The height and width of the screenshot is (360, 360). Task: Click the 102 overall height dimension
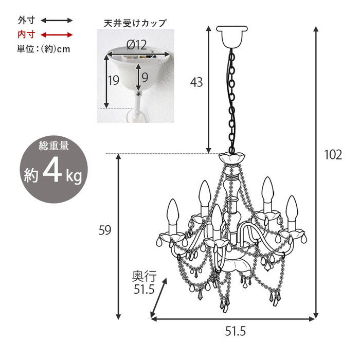pos(333,154)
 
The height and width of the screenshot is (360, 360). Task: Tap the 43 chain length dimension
pos(196,81)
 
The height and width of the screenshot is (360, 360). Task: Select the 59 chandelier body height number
pos(105,231)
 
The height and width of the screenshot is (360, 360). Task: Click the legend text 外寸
pos(26,21)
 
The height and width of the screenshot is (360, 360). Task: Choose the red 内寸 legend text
pos(26,35)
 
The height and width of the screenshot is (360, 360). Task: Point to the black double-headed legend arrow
pos(57,21)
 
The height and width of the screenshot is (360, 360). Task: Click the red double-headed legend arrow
pos(57,35)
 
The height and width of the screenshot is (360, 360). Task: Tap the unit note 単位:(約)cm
pos(43,49)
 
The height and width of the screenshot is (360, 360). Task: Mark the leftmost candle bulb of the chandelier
pos(172,213)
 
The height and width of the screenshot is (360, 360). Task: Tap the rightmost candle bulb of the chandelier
pos(293,209)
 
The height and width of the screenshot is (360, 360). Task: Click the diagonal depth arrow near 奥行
pos(159,298)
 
